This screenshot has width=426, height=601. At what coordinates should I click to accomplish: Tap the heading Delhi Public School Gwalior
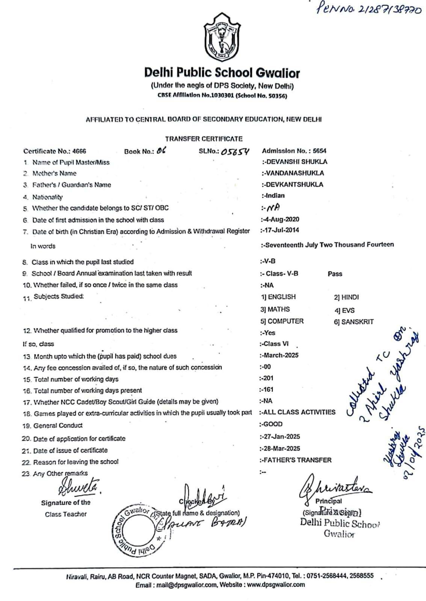[x=222, y=73]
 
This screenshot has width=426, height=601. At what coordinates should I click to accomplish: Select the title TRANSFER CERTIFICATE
[x=204, y=139]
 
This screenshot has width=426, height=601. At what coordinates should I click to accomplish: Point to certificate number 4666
[x=79, y=151]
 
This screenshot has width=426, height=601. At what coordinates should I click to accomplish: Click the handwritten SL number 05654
[x=235, y=151]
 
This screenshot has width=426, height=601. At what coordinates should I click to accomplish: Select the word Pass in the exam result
[x=335, y=274]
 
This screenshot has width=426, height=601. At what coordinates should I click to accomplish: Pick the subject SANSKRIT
[x=357, y=322]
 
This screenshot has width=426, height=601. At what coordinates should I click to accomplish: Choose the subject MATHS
[x=278, y=309]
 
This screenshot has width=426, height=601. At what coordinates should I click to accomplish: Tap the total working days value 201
[x=268, y=378]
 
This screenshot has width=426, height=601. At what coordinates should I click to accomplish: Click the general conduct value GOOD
[x=273, y=424]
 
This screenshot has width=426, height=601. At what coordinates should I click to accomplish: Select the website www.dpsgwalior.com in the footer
[x=276, y=584]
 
